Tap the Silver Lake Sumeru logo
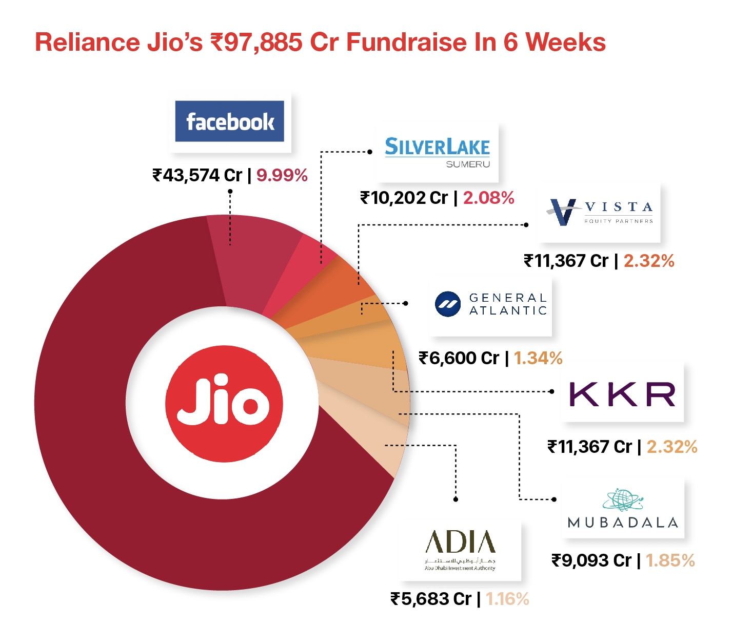[437, 152]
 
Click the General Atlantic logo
[490, 304]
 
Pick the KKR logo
[622, 394]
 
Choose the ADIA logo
[460, 550]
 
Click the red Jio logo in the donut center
[224, 403]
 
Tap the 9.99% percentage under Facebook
[282, 176]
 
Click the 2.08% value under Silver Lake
[488, 198]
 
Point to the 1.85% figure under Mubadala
[670, 560]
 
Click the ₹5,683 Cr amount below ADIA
[431, 599]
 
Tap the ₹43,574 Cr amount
[197, 176]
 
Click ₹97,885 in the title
[256, 43]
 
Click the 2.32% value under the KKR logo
[671, 447]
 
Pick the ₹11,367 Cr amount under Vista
[566, 261]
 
